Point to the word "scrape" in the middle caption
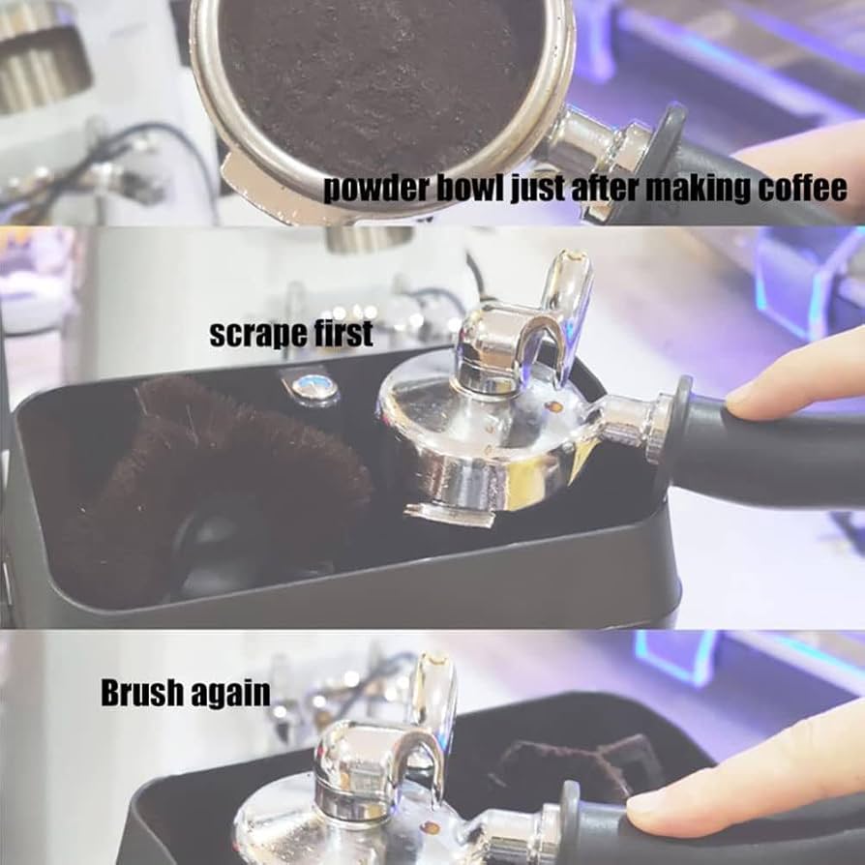coord(258,335)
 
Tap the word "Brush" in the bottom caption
coord(142,693)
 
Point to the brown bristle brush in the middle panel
coord(221,480)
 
